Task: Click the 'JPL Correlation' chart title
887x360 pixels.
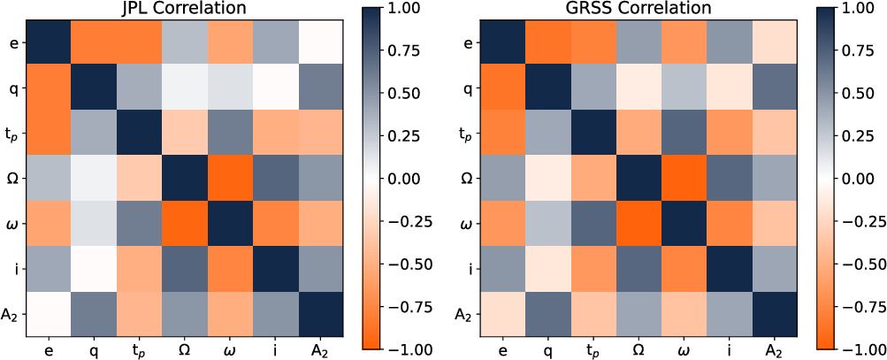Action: pos(186,9)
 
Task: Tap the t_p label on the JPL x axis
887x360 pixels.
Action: pos(139,350)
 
